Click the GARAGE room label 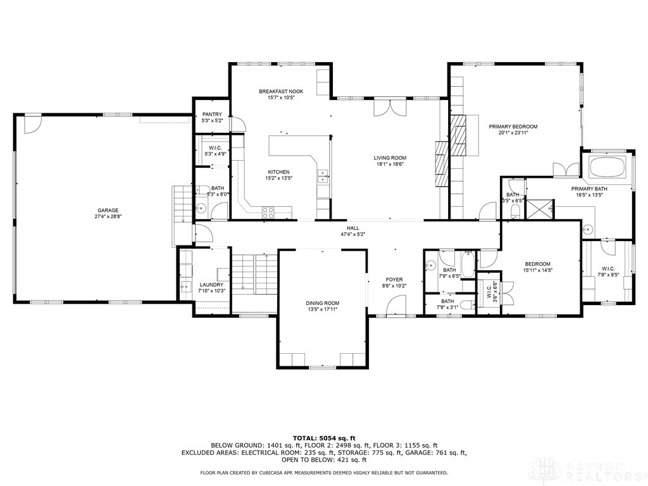108,210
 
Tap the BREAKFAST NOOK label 277,92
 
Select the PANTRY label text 212,114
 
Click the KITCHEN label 278,172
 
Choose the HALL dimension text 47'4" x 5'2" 352,234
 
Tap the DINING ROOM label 323,303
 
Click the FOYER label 394,279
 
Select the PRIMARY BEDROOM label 513,127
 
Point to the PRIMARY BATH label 589,189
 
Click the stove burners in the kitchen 268,213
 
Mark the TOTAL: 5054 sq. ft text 324,438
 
